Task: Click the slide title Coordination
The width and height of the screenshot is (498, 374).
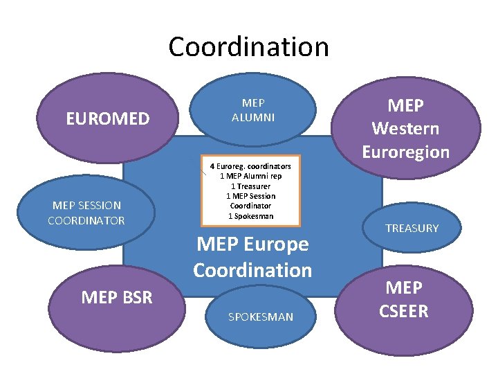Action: (248, 47)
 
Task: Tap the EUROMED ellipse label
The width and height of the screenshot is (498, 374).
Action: (107, 119)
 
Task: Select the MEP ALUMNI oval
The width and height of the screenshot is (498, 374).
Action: (253, 111)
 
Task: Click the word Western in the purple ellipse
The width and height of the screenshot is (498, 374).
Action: (405, 129)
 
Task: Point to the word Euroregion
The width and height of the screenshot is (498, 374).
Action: (405, 152)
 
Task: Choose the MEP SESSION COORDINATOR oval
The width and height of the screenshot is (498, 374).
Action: (86, 213)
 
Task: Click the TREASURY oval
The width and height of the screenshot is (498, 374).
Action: (412, 228)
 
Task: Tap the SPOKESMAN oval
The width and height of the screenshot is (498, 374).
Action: (261, 317)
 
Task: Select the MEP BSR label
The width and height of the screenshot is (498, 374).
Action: (117, 298)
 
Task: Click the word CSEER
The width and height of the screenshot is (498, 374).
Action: (403, 311)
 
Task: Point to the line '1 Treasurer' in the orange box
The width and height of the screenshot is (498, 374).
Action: (250, 186)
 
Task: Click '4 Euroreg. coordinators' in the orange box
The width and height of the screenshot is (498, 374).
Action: (250, 166)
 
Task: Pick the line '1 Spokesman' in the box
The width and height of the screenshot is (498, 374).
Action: (250, 216)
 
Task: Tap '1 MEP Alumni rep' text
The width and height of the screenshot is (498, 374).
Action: (250, 176)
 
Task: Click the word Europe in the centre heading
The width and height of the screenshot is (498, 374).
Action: (277, 244)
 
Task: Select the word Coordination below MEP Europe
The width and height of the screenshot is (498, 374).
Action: (252, 269)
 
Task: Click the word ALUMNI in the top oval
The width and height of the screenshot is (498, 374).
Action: (253, 118)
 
